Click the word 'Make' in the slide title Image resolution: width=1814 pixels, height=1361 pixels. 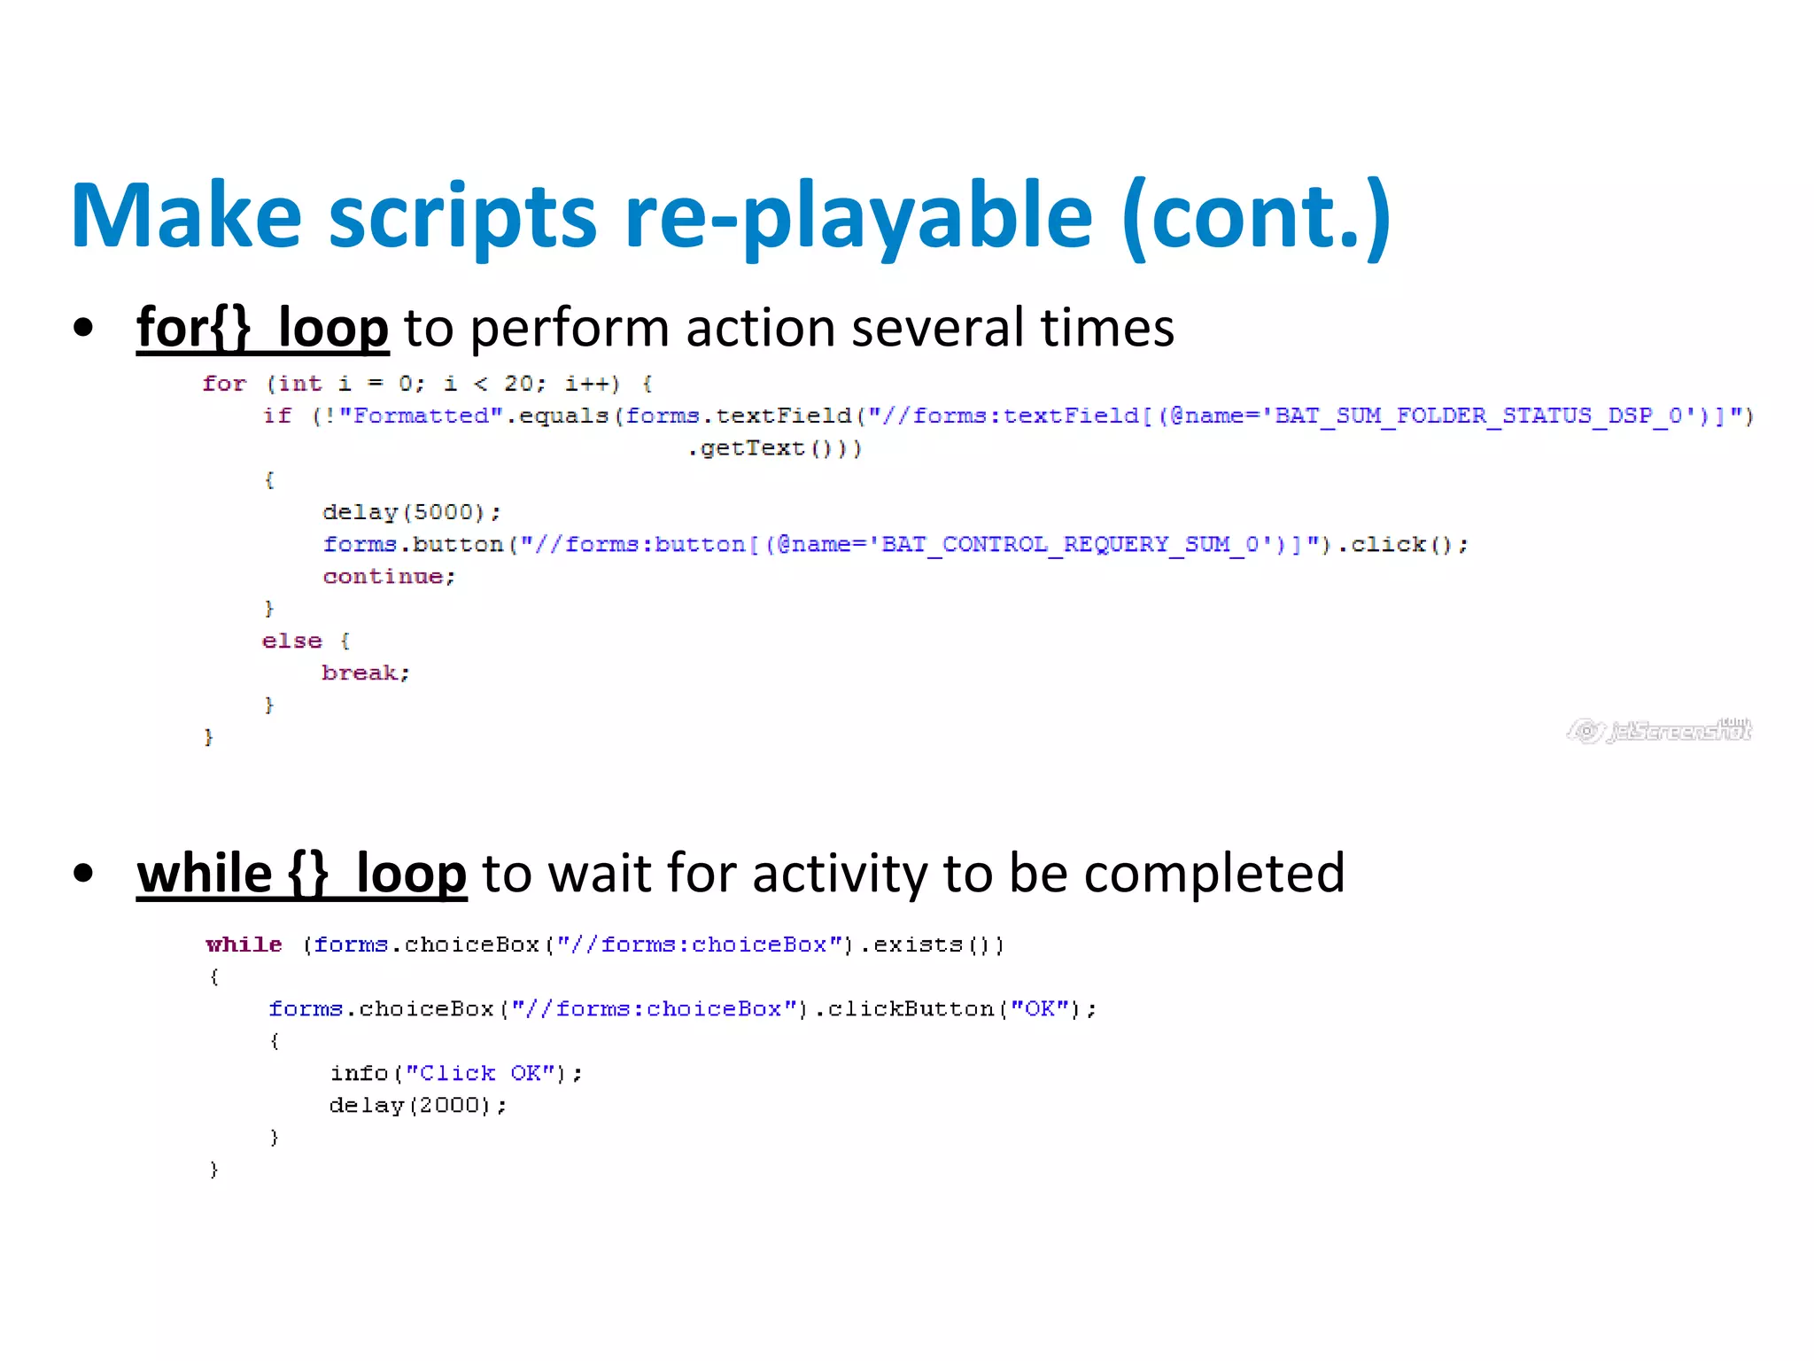click(186, 216)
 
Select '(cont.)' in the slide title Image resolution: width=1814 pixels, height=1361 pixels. click(1255, 216)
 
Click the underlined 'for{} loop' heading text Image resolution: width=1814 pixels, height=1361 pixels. click(262, 328)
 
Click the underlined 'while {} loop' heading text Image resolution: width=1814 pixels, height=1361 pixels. click(301, 874)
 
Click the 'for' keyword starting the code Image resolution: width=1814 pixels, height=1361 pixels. click(224, 384)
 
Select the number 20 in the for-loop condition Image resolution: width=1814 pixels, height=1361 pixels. click(518, 384)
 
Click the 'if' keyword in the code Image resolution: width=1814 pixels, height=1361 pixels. click(277, 416)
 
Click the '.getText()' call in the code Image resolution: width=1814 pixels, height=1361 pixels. click(773, 448)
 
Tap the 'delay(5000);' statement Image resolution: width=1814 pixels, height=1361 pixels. click(411, 512)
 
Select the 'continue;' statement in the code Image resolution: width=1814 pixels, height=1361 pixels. click(389, 577)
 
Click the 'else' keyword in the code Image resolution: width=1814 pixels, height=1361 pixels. click(291, 641)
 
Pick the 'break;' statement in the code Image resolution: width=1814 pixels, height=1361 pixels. click(365, 673)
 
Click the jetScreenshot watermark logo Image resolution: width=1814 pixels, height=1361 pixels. click(1659, 731)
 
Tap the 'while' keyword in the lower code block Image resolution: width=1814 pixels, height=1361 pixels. click(244, 945)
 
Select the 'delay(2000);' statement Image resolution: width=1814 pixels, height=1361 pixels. click(417, 1106)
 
